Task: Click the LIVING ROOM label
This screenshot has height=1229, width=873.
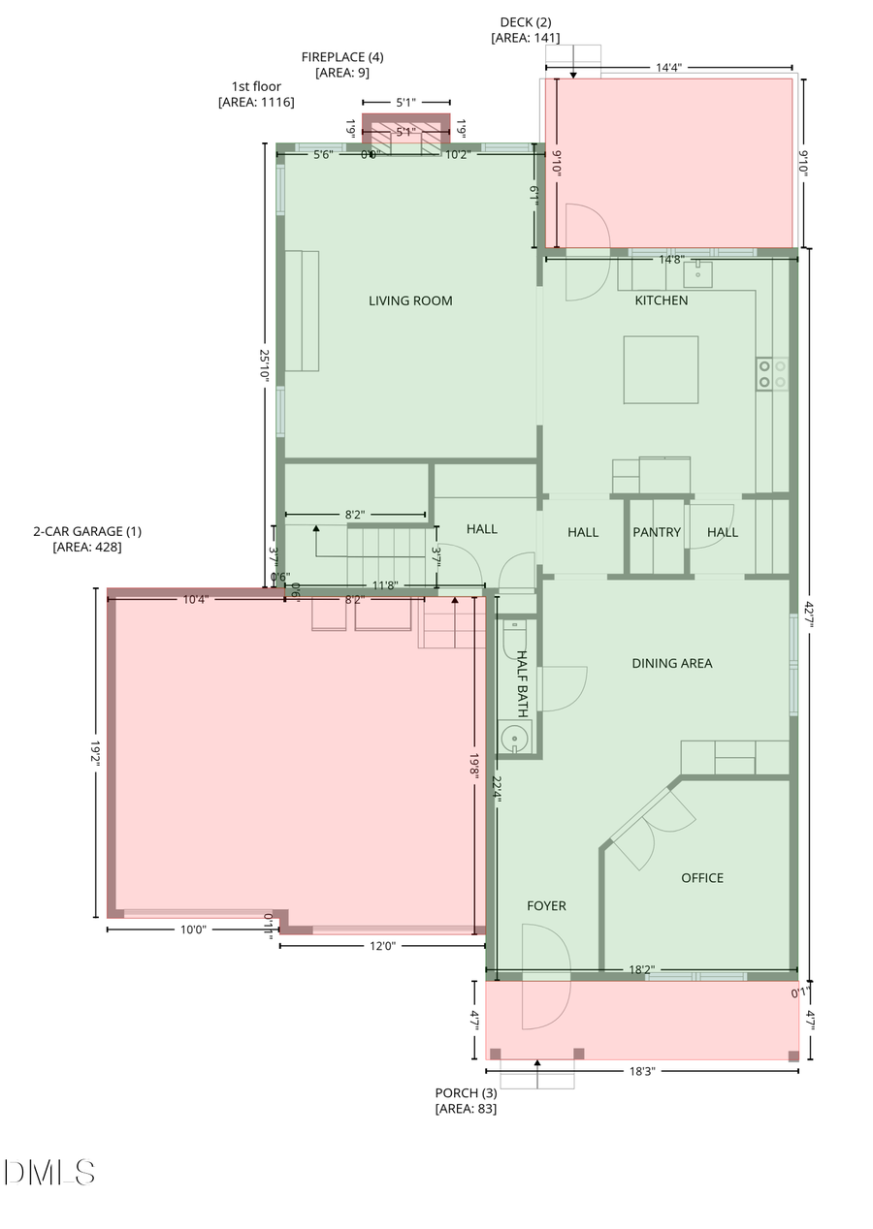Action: [410, 300]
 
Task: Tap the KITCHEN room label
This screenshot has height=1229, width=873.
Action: [662, 300]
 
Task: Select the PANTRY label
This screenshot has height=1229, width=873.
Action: [657, 532]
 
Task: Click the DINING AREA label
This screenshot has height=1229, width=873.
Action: [672, 664]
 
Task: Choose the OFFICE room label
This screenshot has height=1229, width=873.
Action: [702, 878]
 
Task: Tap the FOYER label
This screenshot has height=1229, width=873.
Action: [546, 906]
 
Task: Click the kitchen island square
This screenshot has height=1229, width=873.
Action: [661, 369]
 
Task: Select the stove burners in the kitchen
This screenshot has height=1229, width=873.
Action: [772, 374]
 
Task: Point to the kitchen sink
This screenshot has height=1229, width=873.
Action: [697, 275]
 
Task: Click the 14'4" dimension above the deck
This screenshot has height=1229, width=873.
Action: [669, 68]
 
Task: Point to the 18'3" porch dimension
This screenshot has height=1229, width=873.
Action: [642, 1071]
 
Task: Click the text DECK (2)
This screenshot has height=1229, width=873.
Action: [526, 22]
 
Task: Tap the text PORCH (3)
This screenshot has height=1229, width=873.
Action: [466, 1093]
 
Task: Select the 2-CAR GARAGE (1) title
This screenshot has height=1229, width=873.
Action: [87, 531]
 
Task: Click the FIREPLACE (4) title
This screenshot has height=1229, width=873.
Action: [342, 57]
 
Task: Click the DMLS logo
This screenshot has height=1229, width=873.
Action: [49, 1173]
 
